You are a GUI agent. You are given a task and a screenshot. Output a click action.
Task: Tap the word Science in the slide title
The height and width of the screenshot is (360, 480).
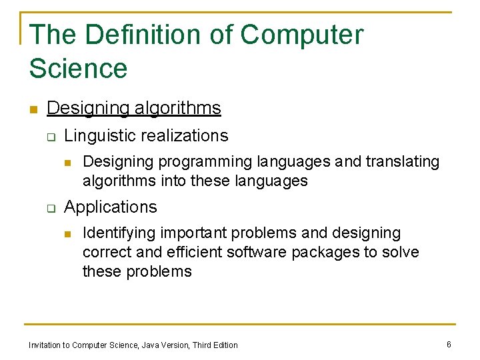click(78, 68)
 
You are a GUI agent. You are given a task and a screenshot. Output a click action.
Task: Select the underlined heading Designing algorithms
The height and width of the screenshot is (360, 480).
click(134, 108)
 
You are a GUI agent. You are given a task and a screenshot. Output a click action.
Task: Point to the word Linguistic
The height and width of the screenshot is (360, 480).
click(97, 136)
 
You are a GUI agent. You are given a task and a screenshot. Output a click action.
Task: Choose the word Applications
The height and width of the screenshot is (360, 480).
click(111, 207)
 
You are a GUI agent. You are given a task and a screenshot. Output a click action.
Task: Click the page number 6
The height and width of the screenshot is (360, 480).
click(449, 344)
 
